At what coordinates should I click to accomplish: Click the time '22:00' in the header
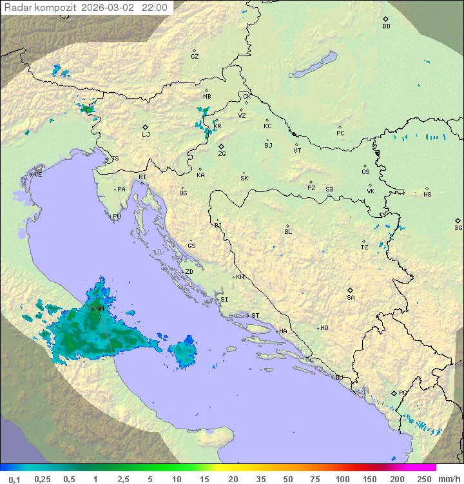click(x=154, y=8)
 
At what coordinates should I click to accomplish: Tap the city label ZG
click(x=222, y=154)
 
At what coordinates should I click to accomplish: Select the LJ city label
click(x=146, y=134)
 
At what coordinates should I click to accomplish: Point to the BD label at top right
click(x=386, y=26)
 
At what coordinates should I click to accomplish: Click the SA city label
click(x=351, y=297)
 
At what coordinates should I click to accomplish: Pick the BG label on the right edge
click(x=458, y=227)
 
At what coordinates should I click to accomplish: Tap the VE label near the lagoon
click(x=38, y=175)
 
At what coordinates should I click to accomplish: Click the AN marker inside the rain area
click(x=100, y=309)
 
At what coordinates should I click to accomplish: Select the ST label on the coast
click(x=255, y=316)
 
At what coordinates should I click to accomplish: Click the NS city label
click(x=427, y=194)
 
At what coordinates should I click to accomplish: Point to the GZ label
click(x=195, y=56)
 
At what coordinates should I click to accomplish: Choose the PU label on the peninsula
click(x=117, y=217)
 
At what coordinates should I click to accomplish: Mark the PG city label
click(x=403, y=392)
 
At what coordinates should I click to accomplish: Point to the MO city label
click(x=324, y=328)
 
